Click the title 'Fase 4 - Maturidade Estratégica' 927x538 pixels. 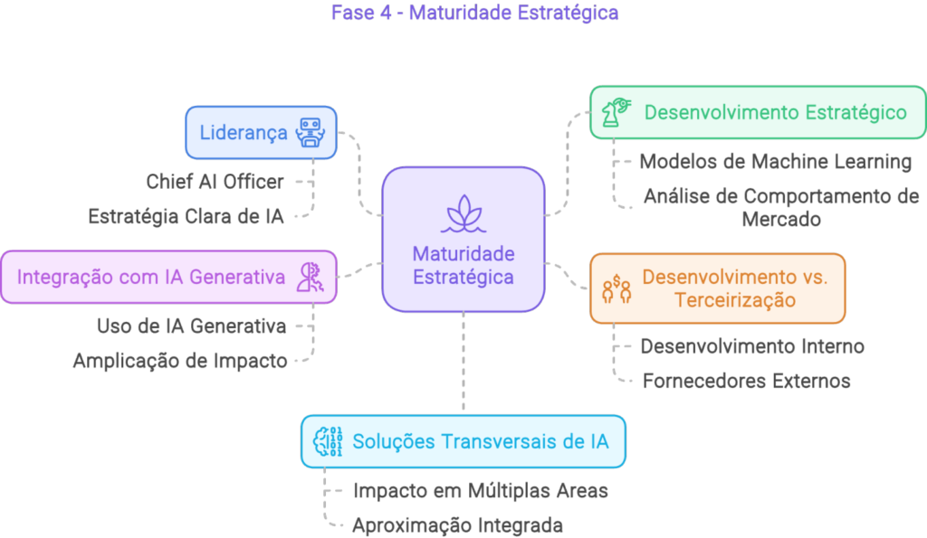463,13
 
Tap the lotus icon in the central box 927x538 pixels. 463,213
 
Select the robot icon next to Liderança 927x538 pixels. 311,133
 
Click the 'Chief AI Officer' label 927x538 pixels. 215,182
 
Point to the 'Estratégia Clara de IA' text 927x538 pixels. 186,217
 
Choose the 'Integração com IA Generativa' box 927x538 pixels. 168,277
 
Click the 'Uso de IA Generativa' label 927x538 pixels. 191,326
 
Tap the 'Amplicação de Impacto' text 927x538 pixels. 180,361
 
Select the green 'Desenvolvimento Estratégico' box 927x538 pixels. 758,112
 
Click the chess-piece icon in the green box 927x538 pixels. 616,112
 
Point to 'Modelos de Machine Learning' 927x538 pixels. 776,162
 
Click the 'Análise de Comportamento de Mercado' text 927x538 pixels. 780,207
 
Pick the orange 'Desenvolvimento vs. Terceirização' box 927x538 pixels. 717,288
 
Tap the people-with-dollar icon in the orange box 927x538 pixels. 616,288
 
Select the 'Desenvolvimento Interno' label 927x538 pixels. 752,345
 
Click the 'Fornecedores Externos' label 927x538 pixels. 746,381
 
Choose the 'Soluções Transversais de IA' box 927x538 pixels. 463,441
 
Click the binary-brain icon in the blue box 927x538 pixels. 327,441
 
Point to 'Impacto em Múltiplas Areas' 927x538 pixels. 480,491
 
